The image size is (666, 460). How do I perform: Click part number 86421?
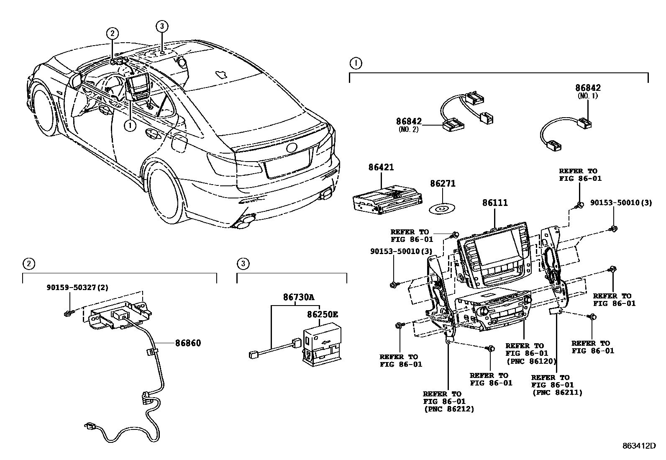(x=381, y=167)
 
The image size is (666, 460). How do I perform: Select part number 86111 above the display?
(x=495, y=203)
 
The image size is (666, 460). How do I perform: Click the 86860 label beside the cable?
(x=188, y=343)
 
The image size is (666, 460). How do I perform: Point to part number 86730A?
(x=298, y=297)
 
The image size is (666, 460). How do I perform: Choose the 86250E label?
(x=322, y=314)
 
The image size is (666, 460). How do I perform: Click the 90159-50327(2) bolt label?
(x=77, y=288)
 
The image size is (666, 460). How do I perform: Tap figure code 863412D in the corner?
(x=638, y=446)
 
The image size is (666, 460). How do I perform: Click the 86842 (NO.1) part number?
(x=588, y=88)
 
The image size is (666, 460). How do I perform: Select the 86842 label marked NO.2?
(x=409, y=121)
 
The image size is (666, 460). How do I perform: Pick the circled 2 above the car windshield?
(x=112, y=33)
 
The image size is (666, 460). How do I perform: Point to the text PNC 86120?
(x=531, y=360)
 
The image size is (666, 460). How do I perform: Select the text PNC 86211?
(x=557, y=392)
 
